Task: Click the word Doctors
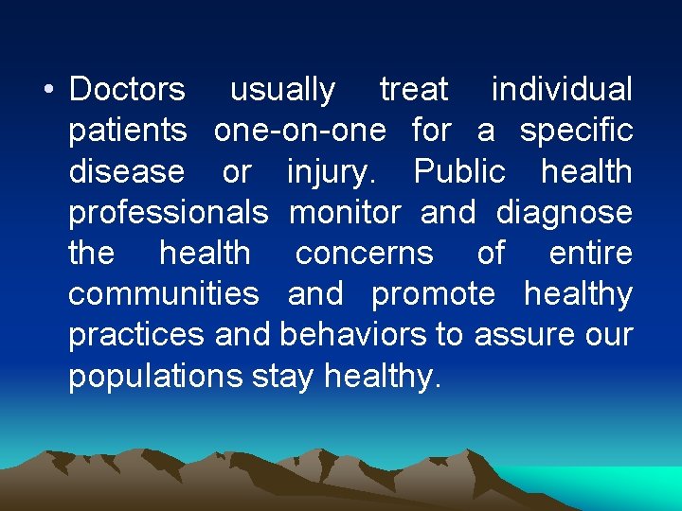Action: coord(128,90)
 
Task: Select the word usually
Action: coord(282,91)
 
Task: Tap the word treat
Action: coord(413,90)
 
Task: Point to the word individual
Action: coord(562,90)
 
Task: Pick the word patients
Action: coord(128,132)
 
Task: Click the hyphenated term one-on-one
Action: coord(300,131)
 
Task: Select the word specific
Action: coord(576,132)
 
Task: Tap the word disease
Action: coord(127,172)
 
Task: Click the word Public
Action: coord(459,172)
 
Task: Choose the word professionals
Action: coord(169,213)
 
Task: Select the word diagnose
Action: coord(565,214)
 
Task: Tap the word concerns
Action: coord(364,254)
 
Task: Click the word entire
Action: coord(590,254)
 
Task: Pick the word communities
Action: coord(164,294)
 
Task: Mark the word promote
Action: coord(433,295)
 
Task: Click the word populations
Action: coord(156,377)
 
